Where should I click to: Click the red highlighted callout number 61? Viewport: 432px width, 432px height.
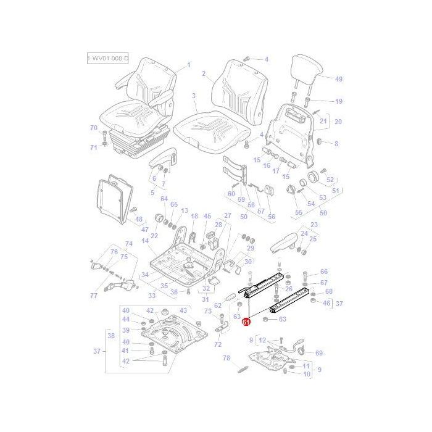(246, 322)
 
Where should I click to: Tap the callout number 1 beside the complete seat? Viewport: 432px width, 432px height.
(189, 65)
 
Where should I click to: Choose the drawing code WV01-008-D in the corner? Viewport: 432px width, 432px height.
(108, 59)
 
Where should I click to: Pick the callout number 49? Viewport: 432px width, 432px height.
(338, 79)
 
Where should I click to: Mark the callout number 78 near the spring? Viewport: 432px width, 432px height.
(226, 358)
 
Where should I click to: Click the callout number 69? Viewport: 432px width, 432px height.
(318, 353)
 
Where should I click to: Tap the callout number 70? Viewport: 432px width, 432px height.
(94, 128)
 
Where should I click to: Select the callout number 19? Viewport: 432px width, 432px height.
(338, 101)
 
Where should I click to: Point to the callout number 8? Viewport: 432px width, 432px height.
(336, 144)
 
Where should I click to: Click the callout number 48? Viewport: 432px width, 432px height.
(138, 218)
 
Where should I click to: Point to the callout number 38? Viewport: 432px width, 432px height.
(111, 336)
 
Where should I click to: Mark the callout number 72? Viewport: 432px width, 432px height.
(217, 344)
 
